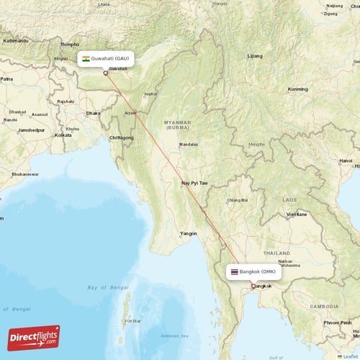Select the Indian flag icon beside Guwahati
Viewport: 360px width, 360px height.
[86, 58]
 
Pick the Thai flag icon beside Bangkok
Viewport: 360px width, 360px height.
[233, 271]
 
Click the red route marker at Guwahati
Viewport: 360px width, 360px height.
[105, 72]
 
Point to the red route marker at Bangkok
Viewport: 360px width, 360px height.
[252, 286]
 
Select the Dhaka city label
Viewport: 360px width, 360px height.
[93, 113]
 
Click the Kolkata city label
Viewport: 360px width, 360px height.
[63, 135]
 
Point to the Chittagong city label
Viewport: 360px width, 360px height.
[121, 137]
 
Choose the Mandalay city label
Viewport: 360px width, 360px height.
[189, 144]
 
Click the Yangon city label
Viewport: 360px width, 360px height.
[189, 233]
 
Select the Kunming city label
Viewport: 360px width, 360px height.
[297, 89]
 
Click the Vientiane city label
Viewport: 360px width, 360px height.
[297, 215]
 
